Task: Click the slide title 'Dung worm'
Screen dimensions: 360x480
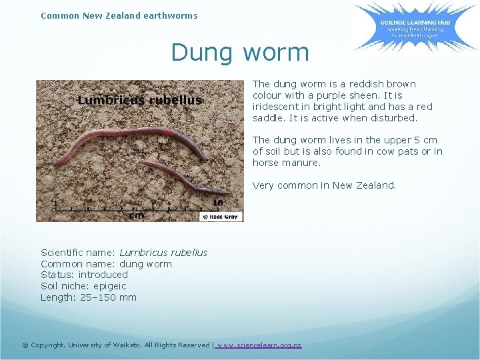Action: pyautogui.click(x=240, y=52)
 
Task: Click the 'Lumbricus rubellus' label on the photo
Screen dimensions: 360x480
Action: pyautogui.click(x=139, y=101)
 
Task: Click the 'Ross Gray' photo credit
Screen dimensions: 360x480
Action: pyautogui.click(x=221, y=217)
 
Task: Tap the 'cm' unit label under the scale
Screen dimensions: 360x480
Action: pyautogui.click(x=136, y=215)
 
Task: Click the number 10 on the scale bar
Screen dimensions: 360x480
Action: pyautogui.click(x=217, y=202)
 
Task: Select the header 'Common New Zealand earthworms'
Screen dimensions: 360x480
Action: pyautogui.click(x=119, y=15)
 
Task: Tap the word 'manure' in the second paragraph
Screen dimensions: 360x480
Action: pyautogui.click(x=301, y=163)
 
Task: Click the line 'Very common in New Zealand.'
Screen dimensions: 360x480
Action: pyautogui.click(x=324, y=185)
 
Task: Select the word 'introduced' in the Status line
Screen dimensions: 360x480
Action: pyautogui.click(x=103, y=275)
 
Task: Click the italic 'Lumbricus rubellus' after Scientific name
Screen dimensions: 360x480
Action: pyautogui.click(x=163, y=253)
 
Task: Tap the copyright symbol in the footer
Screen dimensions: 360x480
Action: pyautogui.click(x=25, y=345)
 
